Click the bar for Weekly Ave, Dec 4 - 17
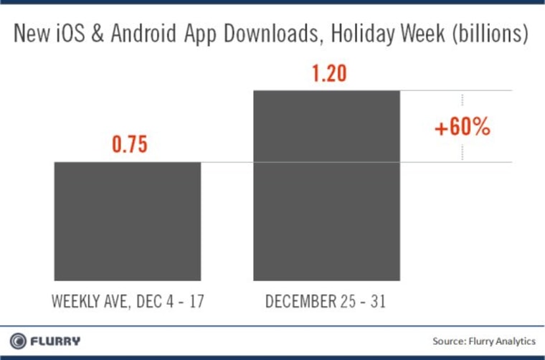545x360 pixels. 128,221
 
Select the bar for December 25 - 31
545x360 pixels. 326,185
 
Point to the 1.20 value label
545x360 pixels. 327,73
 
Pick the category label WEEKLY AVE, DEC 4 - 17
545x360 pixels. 127,300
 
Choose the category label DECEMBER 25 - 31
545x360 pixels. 326,300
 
